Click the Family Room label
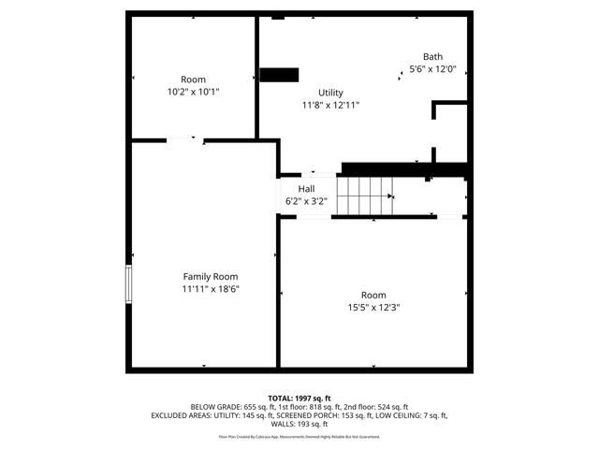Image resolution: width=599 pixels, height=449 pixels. coord(210,277)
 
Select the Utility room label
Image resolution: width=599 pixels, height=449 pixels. coord(330,93)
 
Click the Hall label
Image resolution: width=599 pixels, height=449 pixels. coord(306,189)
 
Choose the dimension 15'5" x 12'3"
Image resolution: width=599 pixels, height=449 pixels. coord(373,307)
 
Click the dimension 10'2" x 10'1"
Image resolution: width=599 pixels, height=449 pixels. coord(193,92)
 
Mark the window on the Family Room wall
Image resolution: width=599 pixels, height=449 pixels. coord(129,284)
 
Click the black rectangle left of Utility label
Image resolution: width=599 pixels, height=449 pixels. coord(279,75)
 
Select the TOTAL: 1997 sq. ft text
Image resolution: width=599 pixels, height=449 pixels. coord(299,398)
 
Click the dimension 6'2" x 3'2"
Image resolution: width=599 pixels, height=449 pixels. coord(306,201)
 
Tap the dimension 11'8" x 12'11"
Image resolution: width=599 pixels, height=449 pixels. coord(330,105)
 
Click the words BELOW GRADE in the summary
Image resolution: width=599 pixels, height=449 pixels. coord(214,407)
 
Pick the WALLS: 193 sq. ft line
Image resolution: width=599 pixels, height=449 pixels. coord(299,424)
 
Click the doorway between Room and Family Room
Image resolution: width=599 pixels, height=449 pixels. coord(185,141)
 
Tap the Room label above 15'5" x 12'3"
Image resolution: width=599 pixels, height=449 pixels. coord(373,295)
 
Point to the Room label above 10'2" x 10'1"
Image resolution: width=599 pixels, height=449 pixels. coord(193,80)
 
